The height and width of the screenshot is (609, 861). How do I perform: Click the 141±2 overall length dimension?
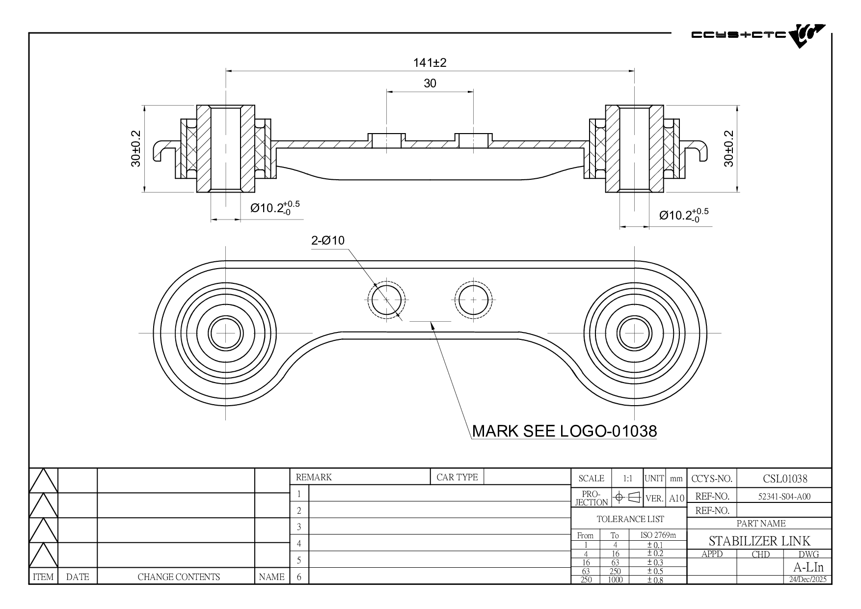(x=430, y=63)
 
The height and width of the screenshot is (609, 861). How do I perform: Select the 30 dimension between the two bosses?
(x=430, y=83)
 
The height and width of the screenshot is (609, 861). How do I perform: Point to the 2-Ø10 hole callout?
(x=328, y=241)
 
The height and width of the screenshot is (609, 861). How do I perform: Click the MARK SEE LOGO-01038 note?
(x=564, y=431)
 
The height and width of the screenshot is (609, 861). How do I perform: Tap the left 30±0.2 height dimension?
(x=136, y=148)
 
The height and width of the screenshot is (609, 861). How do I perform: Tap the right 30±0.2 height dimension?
(x=728, y=148)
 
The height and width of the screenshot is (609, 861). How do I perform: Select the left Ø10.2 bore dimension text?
(x=274, y=208)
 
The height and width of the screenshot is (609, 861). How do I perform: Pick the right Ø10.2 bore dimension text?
(x=683, y=215)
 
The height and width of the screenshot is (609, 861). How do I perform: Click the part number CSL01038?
(x=785, y=478)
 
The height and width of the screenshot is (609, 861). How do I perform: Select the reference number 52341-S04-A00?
(x=784, y=497)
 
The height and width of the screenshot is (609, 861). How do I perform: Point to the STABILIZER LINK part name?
(x=759, y=541)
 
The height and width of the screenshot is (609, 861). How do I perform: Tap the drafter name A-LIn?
(x=808, y=567)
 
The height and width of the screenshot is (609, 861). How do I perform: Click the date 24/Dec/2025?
(x=807, y=580)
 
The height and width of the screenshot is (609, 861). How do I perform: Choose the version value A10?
(x=676, y=498)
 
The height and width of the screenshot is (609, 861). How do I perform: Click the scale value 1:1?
(x=627, y=478)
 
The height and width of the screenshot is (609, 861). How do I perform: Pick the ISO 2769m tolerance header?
(x=658, y=535)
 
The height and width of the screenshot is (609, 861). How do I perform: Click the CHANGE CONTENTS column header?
(x=179, y=577)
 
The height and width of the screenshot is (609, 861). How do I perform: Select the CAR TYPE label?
(x=457, y=477)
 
